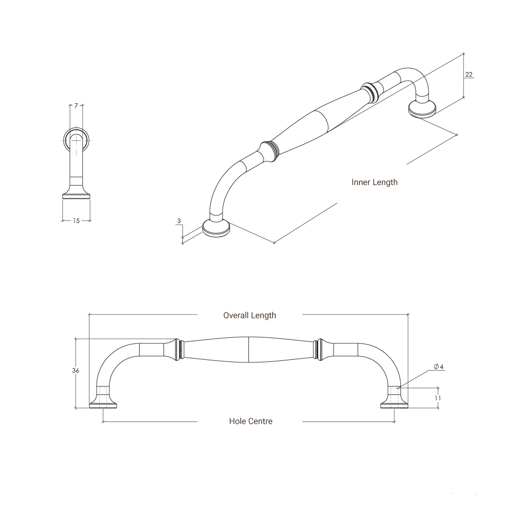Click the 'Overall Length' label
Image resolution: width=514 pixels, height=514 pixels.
(x=249, y=315)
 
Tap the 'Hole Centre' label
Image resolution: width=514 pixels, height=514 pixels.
(x=251, y=421)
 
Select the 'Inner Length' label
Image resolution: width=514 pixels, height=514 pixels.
(x=374, y=182)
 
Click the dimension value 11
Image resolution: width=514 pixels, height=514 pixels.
(x=437, y=398)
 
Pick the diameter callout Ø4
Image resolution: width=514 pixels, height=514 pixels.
(x=438, y=366)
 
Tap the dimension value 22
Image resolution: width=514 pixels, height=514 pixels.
(x=468, y=75)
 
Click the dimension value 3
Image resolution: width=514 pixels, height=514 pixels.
(x=179, y=221)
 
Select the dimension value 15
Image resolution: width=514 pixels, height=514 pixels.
(x=76, y=221)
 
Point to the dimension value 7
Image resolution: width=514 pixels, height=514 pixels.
(x=76, y=106)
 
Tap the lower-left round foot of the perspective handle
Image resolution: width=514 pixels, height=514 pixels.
(x=216, y=228)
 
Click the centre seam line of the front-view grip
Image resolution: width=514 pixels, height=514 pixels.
(x=249, y=350)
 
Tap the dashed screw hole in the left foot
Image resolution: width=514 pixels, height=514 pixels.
(x=103, y=396)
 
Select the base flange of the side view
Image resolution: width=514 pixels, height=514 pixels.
(x=77, y=196)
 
